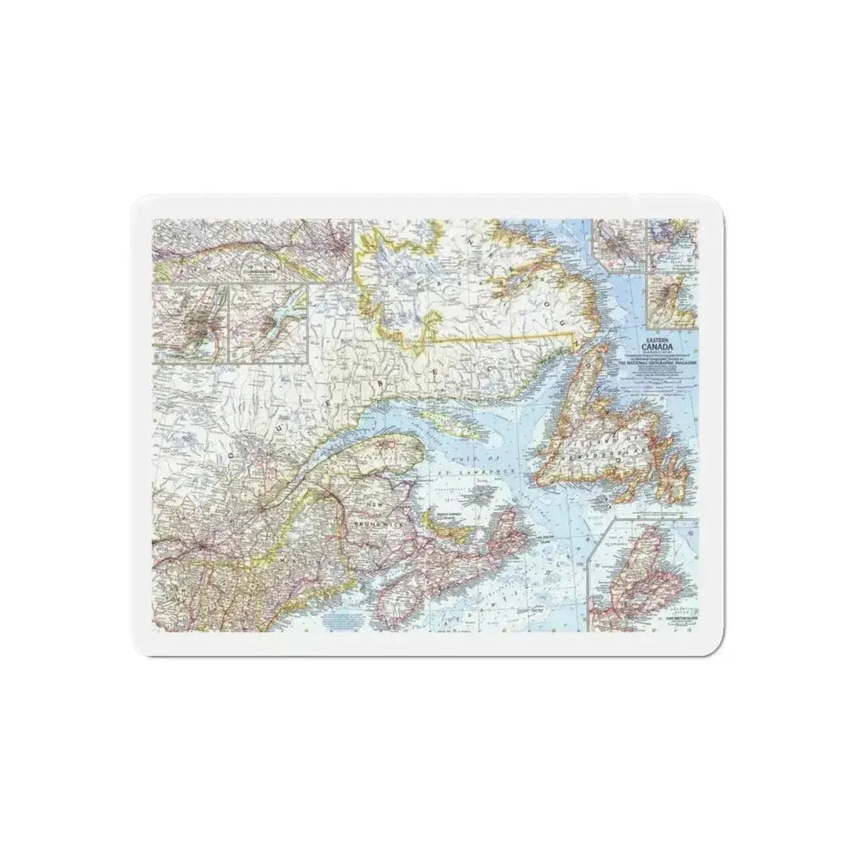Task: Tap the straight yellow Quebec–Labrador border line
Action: tap(503, 337)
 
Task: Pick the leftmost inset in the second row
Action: tap(191, 323)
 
